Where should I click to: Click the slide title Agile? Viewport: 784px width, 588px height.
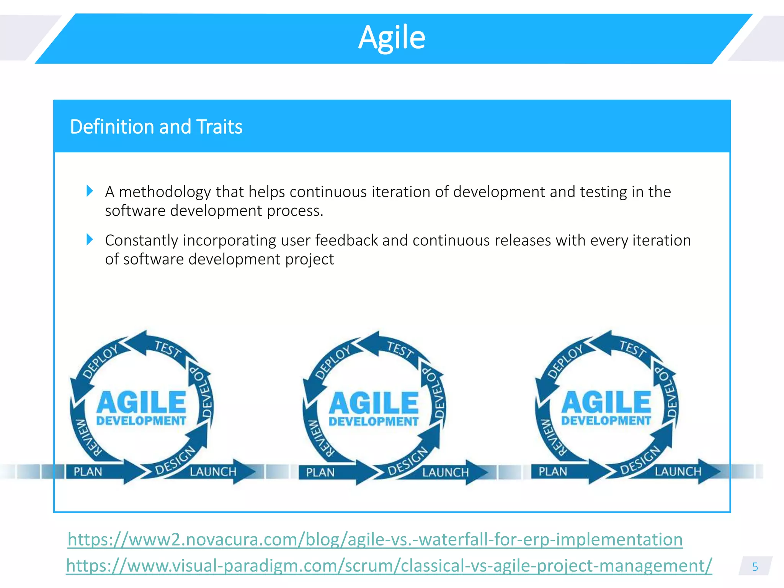[x=392, y=38]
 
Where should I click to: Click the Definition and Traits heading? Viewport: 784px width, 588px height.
[x=156, y=127]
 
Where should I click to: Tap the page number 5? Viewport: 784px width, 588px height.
[x=755, y=567]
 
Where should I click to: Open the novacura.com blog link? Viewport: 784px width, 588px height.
[x=375, y=539]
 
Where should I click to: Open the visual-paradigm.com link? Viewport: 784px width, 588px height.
[x=389, y=565]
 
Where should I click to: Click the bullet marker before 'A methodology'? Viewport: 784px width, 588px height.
[x=90, y=191]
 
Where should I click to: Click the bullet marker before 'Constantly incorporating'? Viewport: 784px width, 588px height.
[x=90, y=240]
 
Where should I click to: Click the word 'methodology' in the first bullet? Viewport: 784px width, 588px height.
[x=165, y=192]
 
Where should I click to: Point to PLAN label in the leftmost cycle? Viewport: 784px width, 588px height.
[x=88, y=472]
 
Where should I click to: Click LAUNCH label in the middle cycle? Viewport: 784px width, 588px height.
[x=445, y=472]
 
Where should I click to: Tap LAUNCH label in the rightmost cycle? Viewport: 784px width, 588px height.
[x=678, y=471]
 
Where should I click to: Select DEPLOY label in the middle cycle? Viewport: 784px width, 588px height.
[x=333, y=362]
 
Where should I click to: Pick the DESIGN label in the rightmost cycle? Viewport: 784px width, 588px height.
[x=640, y=461]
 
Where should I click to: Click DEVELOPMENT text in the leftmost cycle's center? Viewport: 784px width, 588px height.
[x=141, y=421]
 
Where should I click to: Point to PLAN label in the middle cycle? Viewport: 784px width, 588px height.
[x=320, y=473]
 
